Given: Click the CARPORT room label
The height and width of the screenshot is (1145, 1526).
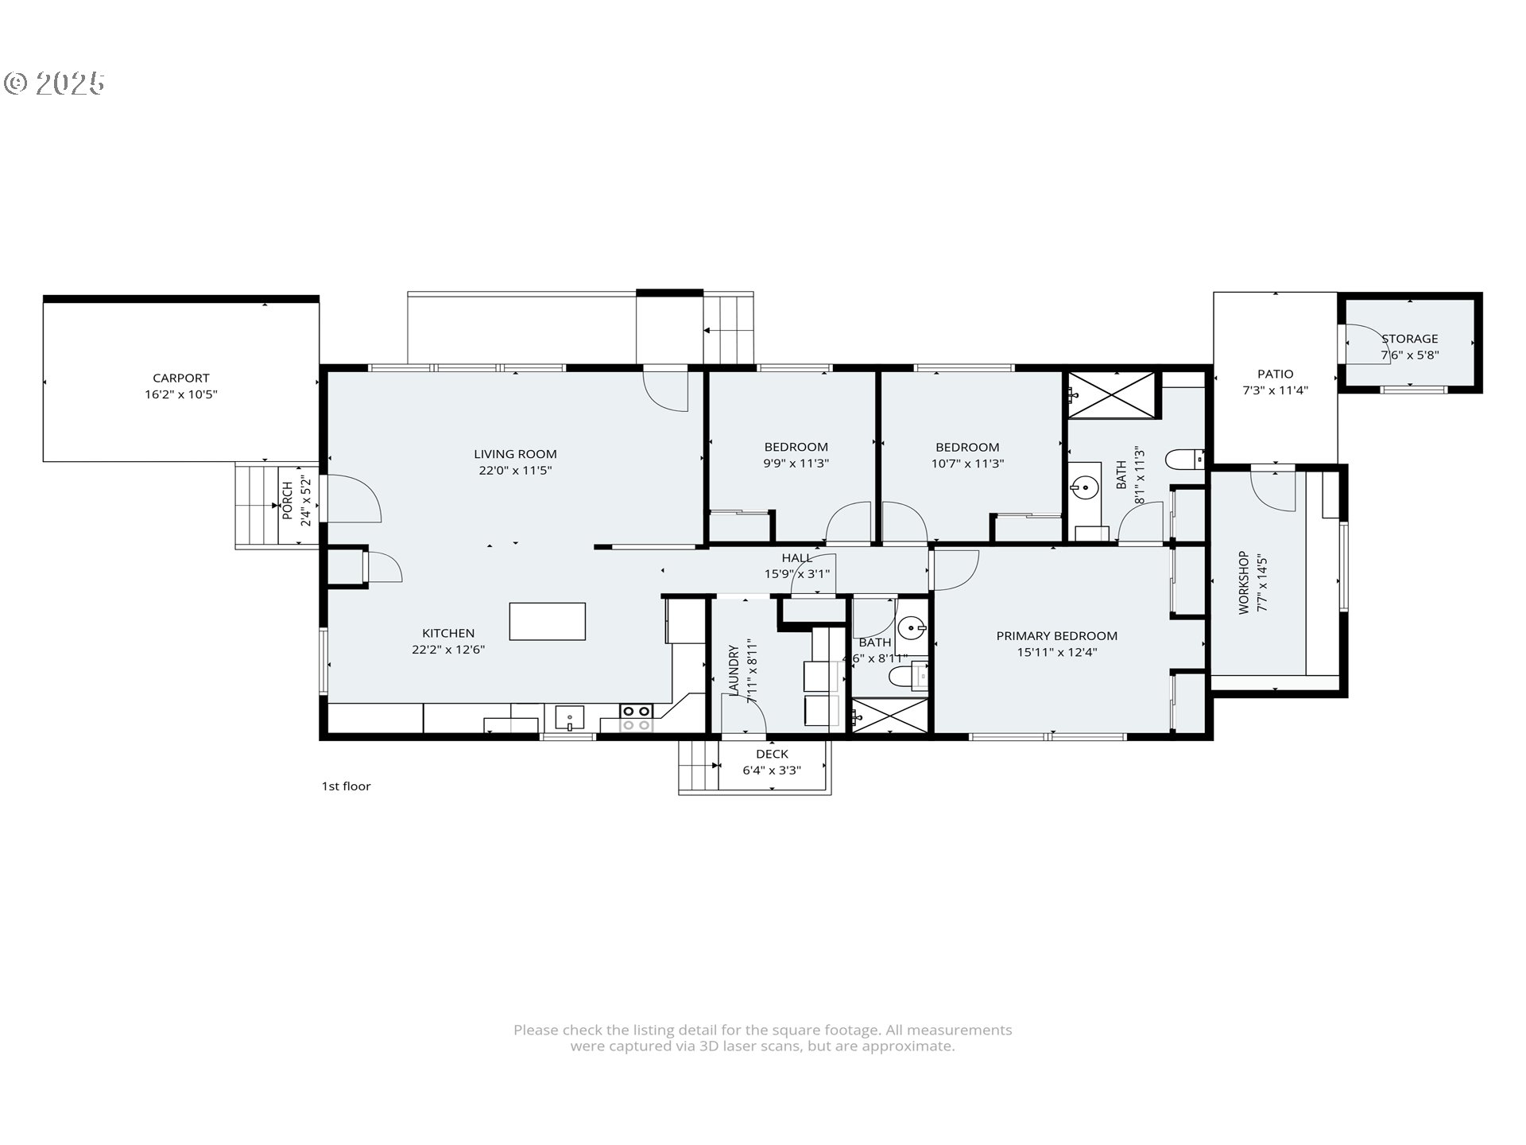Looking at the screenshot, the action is tap(181, 378).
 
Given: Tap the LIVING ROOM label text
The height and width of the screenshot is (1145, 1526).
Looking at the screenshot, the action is tap(515, 454).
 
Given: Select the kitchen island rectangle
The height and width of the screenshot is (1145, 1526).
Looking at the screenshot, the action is tap(548, 621).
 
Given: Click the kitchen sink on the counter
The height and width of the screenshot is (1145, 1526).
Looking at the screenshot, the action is tap(569, 718).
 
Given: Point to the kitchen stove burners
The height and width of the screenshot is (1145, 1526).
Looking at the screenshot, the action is tap(636, 718).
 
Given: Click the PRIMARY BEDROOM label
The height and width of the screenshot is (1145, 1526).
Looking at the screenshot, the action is tap(1057, 636).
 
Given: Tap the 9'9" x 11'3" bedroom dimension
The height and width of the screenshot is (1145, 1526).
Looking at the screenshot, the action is tap(796, 464).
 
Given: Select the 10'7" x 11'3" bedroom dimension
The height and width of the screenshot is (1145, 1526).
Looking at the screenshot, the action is tap(967, 464).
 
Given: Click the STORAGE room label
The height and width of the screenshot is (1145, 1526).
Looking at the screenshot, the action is tap(1409, 339).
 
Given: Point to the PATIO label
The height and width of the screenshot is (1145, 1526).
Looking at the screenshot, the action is tap(1276, 374).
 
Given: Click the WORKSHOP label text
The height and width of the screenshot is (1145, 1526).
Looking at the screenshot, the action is tap(1244, 583).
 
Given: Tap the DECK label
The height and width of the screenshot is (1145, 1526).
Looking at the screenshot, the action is tap(772, 754).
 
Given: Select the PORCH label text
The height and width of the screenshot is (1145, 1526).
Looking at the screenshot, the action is tap(287, 500).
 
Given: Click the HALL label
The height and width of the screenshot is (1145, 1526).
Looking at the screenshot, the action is tap(796, 558).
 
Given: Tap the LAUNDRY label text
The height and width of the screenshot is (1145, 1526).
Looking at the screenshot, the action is tap(734, 670).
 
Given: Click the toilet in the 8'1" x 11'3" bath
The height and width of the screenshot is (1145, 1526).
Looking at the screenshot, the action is tap(1185, 459).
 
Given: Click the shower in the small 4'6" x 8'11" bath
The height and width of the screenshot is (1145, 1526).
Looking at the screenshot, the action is tap(890, 716).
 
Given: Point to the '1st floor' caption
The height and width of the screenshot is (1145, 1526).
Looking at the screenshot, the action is tap(346, 786).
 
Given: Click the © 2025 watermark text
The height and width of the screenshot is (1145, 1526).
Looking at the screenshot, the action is tap(54, 83).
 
